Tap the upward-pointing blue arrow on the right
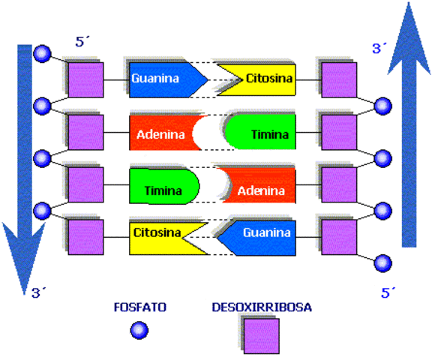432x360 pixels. pos(408,127)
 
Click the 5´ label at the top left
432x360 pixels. pos(83,42)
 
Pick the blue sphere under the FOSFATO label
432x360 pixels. pos(138,330)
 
